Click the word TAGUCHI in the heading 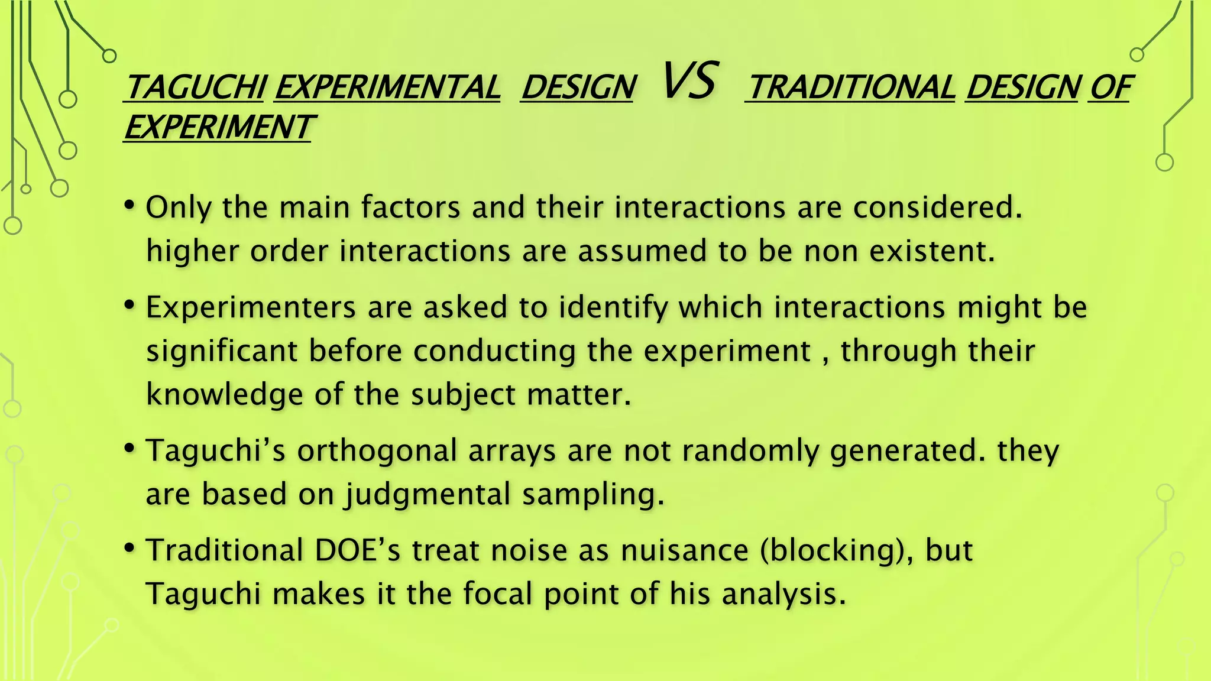point(196,87)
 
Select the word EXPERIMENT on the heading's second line point(218,127)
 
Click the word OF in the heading point(1109,87)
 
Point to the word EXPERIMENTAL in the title point(387,87)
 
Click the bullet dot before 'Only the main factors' point(129,206)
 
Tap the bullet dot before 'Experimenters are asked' point(129,306)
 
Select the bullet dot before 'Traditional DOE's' point(129,549)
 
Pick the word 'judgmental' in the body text point(428,494)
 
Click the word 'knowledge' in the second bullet point(224,394)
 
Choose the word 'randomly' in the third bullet point(750,451)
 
